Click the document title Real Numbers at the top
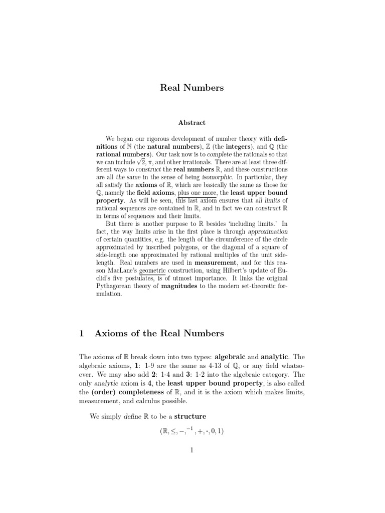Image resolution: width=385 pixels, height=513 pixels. (192, 88)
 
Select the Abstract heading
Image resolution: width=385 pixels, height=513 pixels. (192, 122)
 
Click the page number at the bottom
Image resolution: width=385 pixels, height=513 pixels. (191, 450)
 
